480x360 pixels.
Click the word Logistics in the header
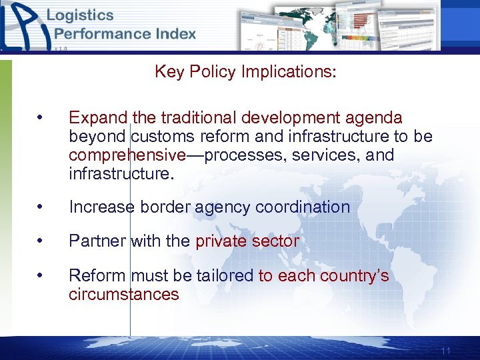[80, 15]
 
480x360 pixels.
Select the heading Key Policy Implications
[245, 71]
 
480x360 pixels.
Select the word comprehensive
[127, 156]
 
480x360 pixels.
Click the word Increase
[101, 207]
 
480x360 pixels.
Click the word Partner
[98, 241]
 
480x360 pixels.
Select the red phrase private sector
[247, 241]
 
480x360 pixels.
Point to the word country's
[354, 276]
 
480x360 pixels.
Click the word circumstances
[124, 295]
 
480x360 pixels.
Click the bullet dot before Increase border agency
[41, 207]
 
